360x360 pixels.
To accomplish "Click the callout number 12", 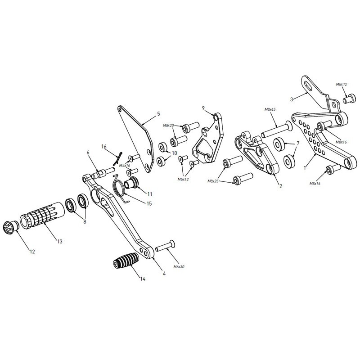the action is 32,252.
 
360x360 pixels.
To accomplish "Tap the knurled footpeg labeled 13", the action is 42,214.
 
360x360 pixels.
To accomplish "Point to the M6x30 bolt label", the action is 179,267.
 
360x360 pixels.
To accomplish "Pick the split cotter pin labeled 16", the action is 117,159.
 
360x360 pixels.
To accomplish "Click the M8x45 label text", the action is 270,109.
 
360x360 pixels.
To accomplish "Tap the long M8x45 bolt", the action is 277,130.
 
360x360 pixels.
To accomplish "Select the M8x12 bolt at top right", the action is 350,99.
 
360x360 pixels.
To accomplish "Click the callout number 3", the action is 292,99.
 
